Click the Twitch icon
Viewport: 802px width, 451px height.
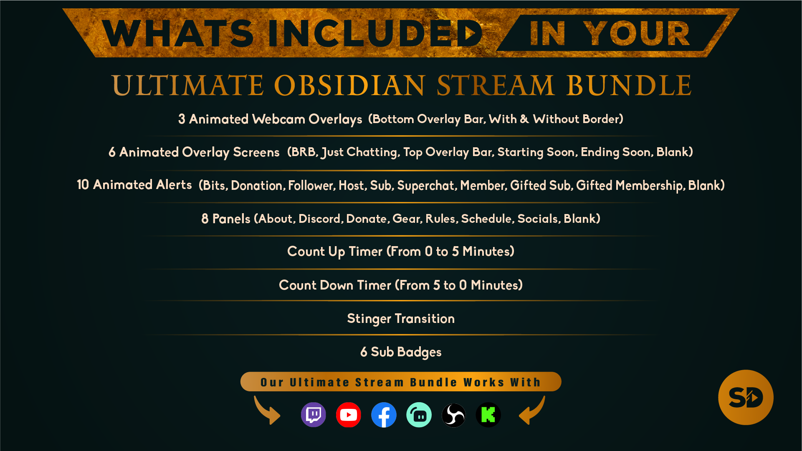(x=314, y=415)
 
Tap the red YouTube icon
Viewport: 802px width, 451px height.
(x=349, y=415)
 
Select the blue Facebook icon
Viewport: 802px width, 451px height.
(x=384, y=415)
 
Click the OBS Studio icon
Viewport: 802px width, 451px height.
(x=453, y=415)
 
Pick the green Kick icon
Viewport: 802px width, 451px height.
(x=488, y=415)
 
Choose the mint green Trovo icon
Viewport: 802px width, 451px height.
(x=419, y=415)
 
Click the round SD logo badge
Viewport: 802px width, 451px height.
(x=746, y=397)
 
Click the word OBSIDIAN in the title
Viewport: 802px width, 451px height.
(x=350, y=86)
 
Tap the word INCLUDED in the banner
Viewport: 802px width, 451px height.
(x=374, y=33)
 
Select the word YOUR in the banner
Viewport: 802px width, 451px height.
(x=637, y=33)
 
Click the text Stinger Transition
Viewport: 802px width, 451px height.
(x=401, y=319)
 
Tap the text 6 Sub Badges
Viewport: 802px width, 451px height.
(x=401, y=352)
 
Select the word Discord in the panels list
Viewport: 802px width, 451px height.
(x=321, y=219)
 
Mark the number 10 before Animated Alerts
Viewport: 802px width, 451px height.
(x=83, y=185)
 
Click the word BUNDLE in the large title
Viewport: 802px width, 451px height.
(x=629, y=86)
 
